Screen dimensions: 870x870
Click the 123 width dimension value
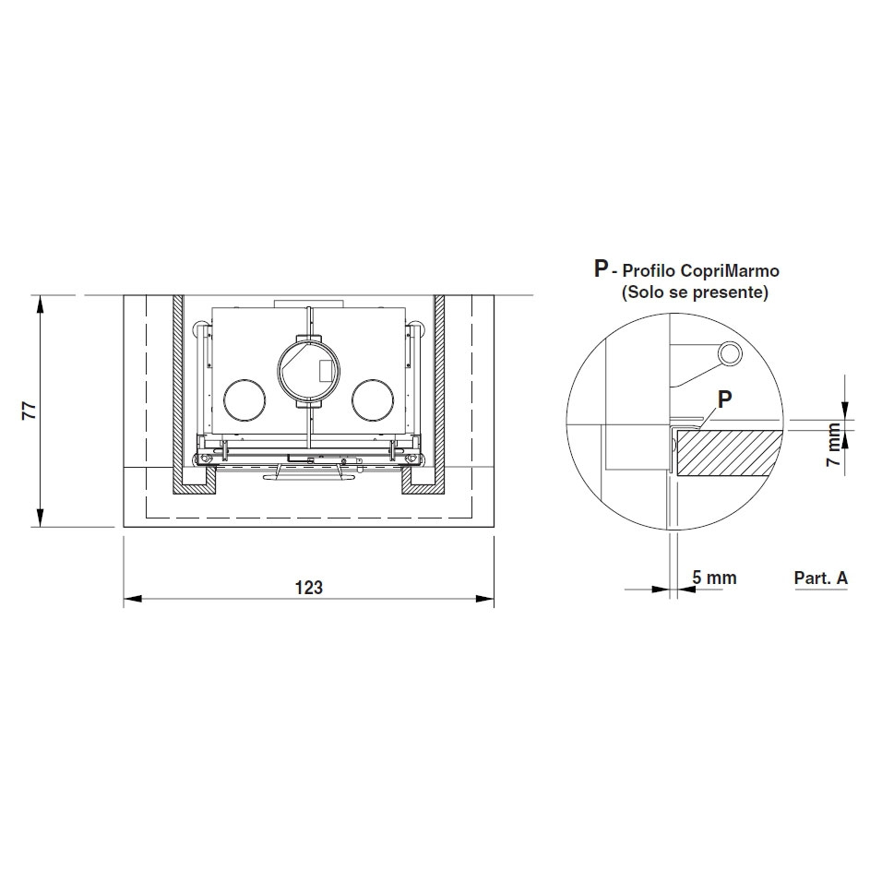tap(308, 587)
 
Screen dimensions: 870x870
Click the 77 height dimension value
tap(29, 410)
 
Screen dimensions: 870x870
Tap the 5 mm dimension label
tap(714, 578)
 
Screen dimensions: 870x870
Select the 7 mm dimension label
tap(833, 445)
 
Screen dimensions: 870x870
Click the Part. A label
tap(820, 578)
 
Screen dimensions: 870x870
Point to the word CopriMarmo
tap(730, 270)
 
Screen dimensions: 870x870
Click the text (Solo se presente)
tap(695, 292)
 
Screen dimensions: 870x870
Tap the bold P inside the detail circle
tap(724, 399)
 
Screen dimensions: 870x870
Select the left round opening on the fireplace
tap(244, 400)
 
